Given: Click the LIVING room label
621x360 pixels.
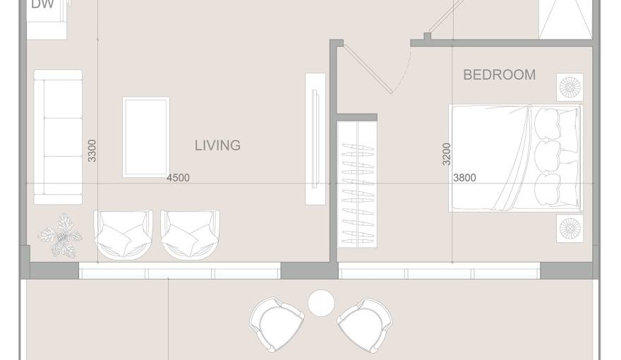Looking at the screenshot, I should (217, 145).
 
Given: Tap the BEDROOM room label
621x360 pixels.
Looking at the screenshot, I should (499, 75).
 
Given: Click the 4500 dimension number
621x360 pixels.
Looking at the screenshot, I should (178, 178).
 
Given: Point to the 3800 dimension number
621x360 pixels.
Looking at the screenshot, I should (464, 178).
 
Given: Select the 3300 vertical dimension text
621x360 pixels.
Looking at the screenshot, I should (92, 151).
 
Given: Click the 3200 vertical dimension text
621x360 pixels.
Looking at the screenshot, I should (446, 154).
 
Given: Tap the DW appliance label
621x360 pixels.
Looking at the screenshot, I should (42, 4).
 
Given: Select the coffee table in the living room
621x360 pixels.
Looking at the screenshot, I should (146, 137).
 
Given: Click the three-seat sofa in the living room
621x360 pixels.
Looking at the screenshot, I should (59, 137).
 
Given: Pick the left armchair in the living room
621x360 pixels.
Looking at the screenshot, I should (123, 234).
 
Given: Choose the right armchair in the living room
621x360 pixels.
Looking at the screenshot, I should (190, 234).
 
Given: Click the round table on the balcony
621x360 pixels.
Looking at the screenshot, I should (321, 304).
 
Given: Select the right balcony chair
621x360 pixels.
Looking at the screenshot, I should (365, 324).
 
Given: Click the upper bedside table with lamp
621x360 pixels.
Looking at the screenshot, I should (569, 88).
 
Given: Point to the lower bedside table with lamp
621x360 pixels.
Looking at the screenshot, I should (569, 228).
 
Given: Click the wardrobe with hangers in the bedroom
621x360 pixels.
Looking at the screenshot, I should (357, 185).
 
